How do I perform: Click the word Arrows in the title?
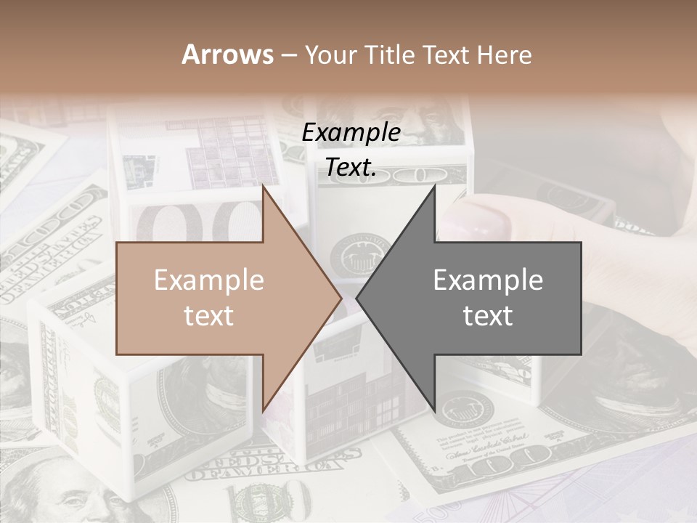point(228,54)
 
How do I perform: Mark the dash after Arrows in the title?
point(289,55)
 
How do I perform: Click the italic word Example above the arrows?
point(351,133)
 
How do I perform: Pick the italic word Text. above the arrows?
point(351,168)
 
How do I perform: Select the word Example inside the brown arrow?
point(209,280)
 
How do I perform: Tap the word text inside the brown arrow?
point(209,315)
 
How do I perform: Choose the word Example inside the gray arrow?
point(488,280)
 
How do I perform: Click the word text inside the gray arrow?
point(488,315)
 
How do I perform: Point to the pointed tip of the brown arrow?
point(341,298)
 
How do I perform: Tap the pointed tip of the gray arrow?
point(356,298)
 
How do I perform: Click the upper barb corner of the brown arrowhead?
point(263,185)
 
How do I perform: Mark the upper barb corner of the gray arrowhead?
point(435,185)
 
